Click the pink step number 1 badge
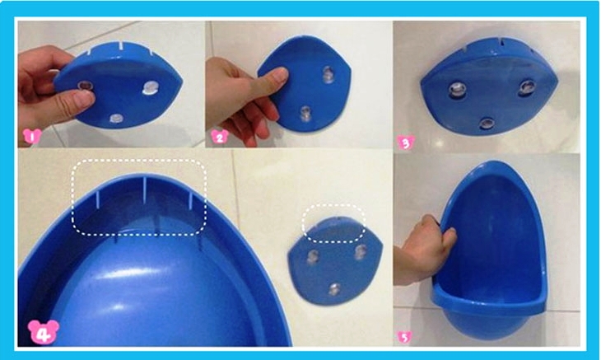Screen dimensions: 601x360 [x=32, y=136]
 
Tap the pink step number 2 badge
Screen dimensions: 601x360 [x=220, y=137]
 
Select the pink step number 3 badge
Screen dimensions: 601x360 [x=406, y=143]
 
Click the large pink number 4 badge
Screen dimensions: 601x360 [x=44, y=332]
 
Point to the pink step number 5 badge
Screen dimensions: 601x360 [x=404, y=337]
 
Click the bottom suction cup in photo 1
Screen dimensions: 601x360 [x=116, y=118]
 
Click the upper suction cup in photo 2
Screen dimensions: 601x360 [x=328, y=74]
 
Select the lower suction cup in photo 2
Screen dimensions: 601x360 [x=305, y=114]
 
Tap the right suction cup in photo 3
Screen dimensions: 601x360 [x=527, y=87]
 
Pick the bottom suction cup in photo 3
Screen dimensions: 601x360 [x=487, y=124]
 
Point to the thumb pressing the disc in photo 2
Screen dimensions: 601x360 [x=270, y=79]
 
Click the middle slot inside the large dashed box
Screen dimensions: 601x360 [x=145, y=190]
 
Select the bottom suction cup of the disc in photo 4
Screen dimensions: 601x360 [x=334, y=290]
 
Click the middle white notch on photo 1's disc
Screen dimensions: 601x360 [x=121, y=45]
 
